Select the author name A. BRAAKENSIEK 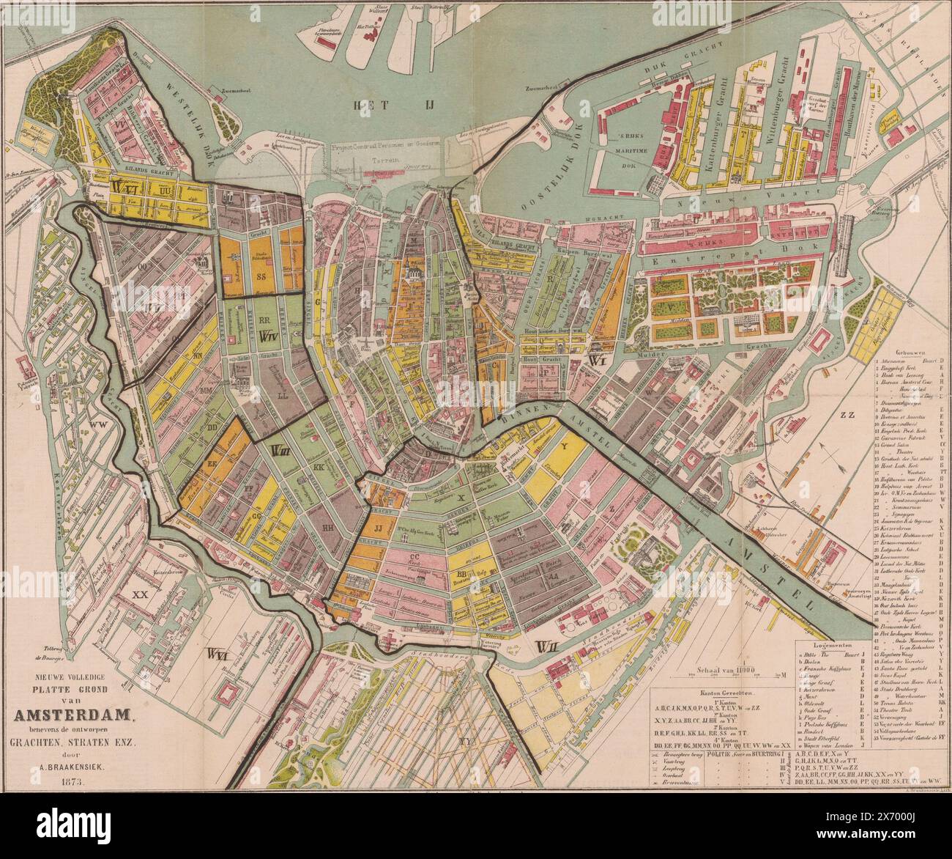click(x=71, y=768)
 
